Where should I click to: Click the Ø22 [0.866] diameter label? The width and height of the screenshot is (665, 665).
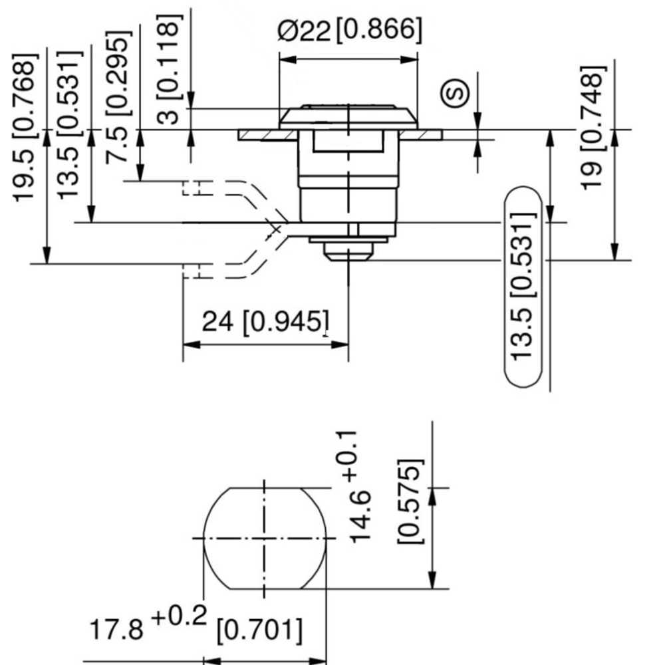(x=350, y=30)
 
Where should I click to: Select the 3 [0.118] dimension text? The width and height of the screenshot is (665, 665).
(x=170, y=69)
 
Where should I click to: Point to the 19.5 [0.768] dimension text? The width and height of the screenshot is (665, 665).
(x=25, y=128)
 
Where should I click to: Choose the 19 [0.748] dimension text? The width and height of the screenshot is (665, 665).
(x=593, y=128)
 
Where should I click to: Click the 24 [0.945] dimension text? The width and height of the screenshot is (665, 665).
(x=265, y=322)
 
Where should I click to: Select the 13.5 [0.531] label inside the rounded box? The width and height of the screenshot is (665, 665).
(x=523, y=286)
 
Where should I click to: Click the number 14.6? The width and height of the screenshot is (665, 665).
(x=360, y=517)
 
